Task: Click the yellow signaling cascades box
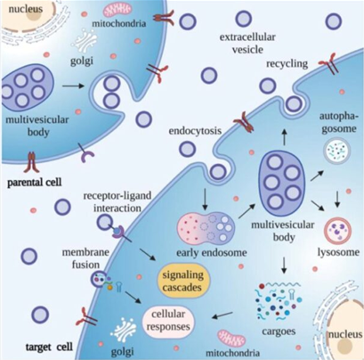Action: point(182,281)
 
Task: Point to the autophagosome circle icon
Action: point(337,151)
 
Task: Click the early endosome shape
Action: point(206,227)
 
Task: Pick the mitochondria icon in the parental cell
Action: point(117,11)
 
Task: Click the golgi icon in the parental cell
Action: point(85,42)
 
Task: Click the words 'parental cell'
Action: point(35,182)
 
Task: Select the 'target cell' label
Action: point(49,347)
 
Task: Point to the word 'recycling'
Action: point(287,64)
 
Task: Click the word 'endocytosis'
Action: point(195,130)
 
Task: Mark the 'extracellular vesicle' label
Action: point(247,44)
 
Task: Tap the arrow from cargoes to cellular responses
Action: point(222,315)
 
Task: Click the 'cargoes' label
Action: point(279,331)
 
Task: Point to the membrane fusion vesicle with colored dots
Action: point(99,280)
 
